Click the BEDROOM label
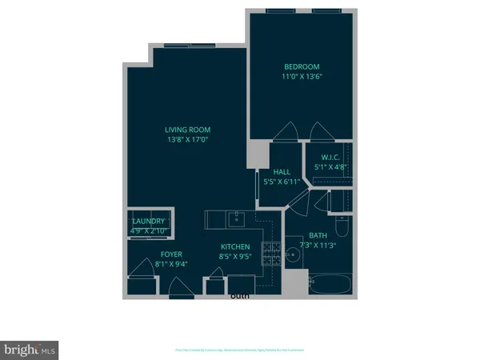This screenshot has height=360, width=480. tap(302, 66)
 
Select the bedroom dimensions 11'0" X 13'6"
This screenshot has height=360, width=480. tap(302, 78)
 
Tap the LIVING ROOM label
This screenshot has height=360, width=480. tap(188, 130)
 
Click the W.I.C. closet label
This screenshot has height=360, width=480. tap(330, 158)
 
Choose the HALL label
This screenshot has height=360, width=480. tap(282, 171)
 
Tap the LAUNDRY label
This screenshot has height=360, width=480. tap(149, 222)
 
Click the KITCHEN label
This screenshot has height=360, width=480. tap(235, 247)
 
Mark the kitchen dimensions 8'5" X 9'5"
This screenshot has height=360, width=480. tap(235, 258)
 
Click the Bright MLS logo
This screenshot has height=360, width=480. tap(30, 350)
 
